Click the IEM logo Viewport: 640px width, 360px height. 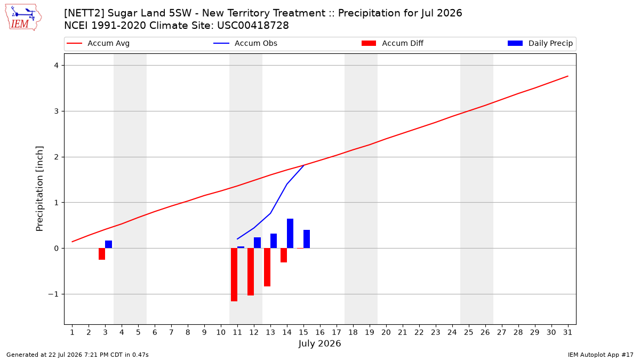23,18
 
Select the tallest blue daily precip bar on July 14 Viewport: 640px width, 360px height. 290,234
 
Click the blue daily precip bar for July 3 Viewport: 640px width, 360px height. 109,244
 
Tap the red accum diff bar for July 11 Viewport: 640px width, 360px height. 234,275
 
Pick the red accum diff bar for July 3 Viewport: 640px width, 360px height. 102,254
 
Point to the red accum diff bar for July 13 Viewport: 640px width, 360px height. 267,267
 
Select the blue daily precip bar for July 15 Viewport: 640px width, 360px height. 307,239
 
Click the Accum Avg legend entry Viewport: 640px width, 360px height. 98,43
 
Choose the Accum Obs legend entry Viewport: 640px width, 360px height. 245,43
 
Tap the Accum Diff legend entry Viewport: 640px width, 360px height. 393,43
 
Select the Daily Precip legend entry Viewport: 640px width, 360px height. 540,43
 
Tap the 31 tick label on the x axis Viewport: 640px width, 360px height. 567,332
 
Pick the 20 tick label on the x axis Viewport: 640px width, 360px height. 386,332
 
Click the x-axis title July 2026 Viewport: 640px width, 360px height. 319,343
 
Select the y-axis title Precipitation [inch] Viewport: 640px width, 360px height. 39,189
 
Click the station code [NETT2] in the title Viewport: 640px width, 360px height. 83,13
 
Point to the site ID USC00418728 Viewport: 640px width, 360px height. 253,26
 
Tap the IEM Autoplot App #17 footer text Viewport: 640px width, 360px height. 601,355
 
